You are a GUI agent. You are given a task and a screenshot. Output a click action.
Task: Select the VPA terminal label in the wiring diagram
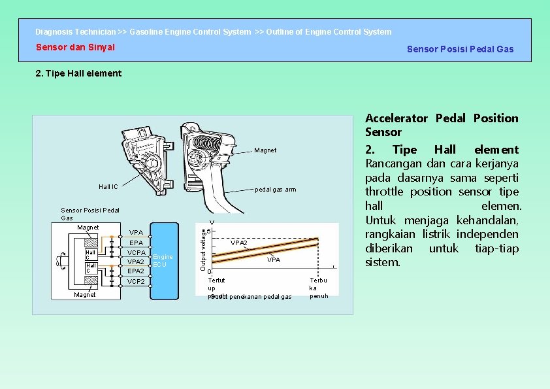coord(137,232)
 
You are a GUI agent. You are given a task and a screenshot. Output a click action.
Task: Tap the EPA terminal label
coord(137,243)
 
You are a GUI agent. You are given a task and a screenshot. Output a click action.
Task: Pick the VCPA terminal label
coord(137,252)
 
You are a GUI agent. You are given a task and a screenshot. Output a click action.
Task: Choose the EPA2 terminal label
coord(137,271)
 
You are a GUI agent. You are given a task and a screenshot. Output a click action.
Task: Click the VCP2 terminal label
coord(137,282)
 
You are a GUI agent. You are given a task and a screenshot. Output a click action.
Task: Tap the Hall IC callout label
coord(108,187)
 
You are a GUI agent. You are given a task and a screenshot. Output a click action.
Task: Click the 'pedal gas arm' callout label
coord(275,190)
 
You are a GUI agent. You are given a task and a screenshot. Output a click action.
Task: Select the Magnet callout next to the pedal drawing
coord(265,150)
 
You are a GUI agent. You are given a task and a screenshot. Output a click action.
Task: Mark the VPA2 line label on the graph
coord(239,243)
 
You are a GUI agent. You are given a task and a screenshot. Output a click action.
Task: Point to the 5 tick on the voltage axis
coord(209,230)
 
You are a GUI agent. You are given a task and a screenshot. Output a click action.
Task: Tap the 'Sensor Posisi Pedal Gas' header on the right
coord(460,49)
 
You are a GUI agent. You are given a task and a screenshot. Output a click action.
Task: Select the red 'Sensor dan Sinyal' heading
coord(75,47)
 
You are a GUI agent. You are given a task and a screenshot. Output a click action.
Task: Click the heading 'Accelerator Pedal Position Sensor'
coord(442,125)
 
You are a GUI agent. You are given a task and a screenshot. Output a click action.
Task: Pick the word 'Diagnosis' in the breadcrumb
coord(54,31)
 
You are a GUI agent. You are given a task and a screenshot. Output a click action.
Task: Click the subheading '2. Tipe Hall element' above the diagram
coord(78,73)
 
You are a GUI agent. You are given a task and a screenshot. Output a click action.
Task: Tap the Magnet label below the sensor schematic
coord(85,295)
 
